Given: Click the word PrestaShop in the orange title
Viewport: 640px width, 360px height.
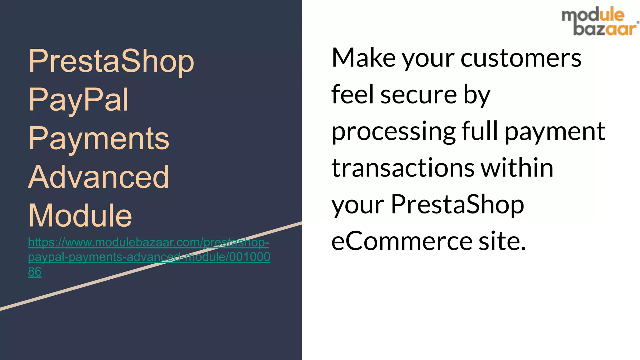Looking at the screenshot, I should coord(111,61).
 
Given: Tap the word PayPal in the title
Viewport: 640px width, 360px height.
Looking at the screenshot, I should coord(78,100).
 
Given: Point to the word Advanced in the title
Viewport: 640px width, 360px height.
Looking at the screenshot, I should coord(99,177).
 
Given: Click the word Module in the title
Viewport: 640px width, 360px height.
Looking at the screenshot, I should coord(80,216).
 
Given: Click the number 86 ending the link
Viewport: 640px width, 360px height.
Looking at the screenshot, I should coord(34,272).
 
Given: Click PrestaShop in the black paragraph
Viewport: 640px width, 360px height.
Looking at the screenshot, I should coord(457,205).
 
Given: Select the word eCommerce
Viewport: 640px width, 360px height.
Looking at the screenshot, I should coord(402,241).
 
